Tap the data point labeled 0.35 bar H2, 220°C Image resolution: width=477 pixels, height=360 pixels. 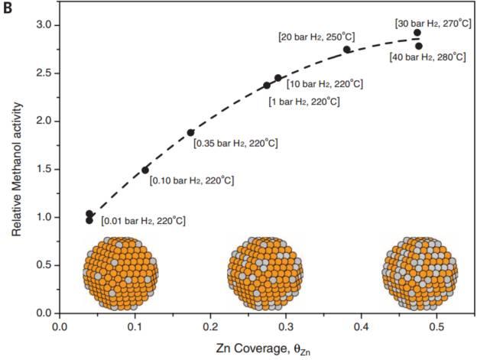pos(191,132)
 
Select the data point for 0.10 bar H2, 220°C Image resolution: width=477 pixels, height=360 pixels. pos(145,170)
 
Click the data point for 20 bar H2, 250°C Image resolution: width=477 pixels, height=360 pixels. pos(346,50)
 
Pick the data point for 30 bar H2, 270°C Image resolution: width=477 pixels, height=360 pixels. pos(417,33)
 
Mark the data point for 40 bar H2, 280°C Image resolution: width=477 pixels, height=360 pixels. pos(419,46)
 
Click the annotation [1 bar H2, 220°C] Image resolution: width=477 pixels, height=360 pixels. pos(303,101)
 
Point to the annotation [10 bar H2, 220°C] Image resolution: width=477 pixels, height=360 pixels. pos(325,83)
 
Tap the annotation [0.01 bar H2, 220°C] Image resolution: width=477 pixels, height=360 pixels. pos(143,221)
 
